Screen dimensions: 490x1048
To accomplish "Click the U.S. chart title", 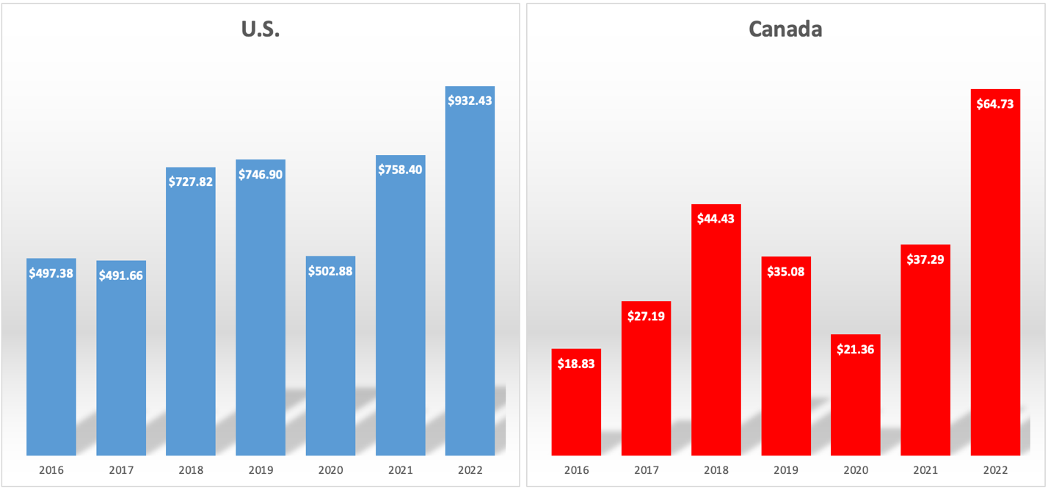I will pyautogui.click(x=261, y=29).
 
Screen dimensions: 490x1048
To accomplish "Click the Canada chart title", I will pyautogui.click(x=785, y=29).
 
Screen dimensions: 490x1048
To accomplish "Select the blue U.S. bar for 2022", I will pyautogui.click(x=470, y=279).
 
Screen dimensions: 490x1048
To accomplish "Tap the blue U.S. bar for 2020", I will pyautogui.click(x=330, y=360).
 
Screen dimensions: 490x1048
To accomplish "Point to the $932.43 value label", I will pyautogui.click(x=470, y=101).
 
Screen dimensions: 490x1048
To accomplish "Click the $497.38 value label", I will pyautogui.click(x=51, y=273).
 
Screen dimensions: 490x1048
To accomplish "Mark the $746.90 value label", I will pyautogui.click(x=261, y=175).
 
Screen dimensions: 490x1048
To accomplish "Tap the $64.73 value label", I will pyautogui.click(x=995, y=104).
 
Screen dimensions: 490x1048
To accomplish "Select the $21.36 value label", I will pyautogui.click(x=856, y=350).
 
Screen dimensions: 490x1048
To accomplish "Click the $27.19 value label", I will pyautogui.click(x=646, y=317).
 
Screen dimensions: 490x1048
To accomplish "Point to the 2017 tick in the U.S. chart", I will pyautogui.click(x=121, y=470).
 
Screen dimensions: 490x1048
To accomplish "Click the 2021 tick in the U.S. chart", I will pyautogui.click(x=400, y=470).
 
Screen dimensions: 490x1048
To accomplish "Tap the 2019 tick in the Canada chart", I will pyautogui.click(x=786, y=470).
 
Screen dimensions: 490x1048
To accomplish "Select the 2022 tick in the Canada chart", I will pyautogui.click(x=995, y=470).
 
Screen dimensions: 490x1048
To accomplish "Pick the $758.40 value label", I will pyautogui.click(x=400, y=170).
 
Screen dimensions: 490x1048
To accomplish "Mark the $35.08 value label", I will pyautogui.click(x=786, y=272).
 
